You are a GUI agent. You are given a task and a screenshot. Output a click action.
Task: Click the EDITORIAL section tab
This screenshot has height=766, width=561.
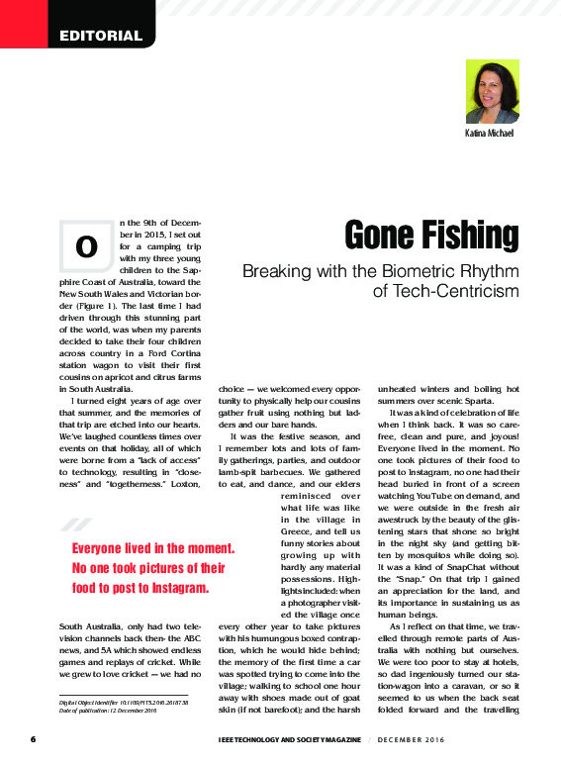(x=100, y=37)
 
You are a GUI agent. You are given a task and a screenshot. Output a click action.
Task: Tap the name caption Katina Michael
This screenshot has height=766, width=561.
(x=490, y=133)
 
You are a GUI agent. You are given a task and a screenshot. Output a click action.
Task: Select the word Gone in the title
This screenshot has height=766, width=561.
(x=372, y=236)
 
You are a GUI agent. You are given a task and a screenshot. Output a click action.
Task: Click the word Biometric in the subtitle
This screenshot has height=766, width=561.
(x=414, y=270)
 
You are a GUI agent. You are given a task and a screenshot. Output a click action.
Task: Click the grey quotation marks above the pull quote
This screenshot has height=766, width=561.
(x=74, y=525)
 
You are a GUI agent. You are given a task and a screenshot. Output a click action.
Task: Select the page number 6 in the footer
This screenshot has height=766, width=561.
(x=33, y=739)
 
